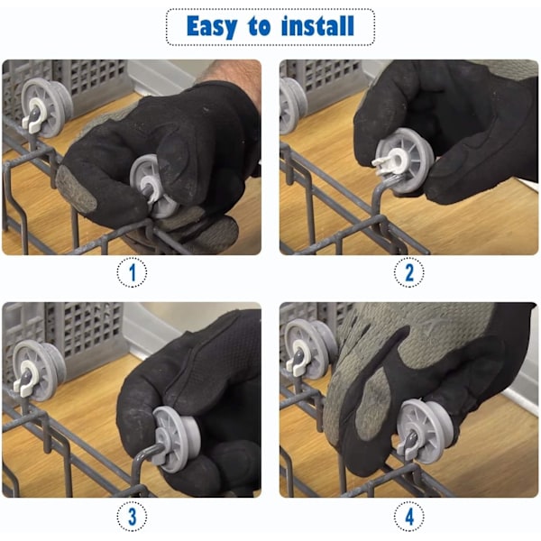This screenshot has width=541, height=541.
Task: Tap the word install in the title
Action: [317, 25]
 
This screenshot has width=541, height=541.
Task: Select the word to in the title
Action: [259, 26]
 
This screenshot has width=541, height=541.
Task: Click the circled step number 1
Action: [132, 272]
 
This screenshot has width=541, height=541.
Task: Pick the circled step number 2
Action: [408, 272]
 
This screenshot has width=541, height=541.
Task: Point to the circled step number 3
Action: [132, 517]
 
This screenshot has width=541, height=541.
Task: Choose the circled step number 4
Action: [408, 517]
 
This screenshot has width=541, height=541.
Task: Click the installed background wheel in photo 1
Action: [47, 107]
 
